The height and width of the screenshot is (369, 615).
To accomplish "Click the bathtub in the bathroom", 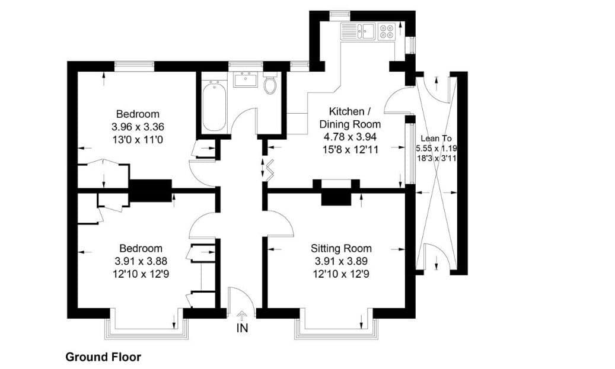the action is [214, 105].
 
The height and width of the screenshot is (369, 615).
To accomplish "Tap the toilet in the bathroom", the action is [270, 83].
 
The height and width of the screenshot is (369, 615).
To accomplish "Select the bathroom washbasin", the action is [246, 79].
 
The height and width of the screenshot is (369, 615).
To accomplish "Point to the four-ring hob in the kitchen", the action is [386, 31].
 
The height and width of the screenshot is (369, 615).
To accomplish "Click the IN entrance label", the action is [243, 328].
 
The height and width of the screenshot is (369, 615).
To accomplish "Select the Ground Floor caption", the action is [103, 357].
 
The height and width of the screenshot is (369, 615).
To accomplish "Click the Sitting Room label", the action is [341, 248].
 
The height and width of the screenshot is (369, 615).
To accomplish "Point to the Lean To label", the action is [436, 138].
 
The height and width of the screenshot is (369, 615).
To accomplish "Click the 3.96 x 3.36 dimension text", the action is [138, 127].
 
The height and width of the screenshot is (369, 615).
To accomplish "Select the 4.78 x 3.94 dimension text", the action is [350, 137].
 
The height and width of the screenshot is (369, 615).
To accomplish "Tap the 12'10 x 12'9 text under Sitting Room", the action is [341, 274].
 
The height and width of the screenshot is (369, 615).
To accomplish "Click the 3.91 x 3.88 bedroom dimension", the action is [141, 261].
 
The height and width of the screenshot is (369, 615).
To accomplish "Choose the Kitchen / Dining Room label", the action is [350, 117].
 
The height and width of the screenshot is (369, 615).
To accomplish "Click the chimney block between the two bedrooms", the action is [151, 191].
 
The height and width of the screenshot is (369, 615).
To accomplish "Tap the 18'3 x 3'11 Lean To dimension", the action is [437, 159].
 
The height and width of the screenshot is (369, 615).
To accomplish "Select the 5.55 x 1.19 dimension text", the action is [436, 149].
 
